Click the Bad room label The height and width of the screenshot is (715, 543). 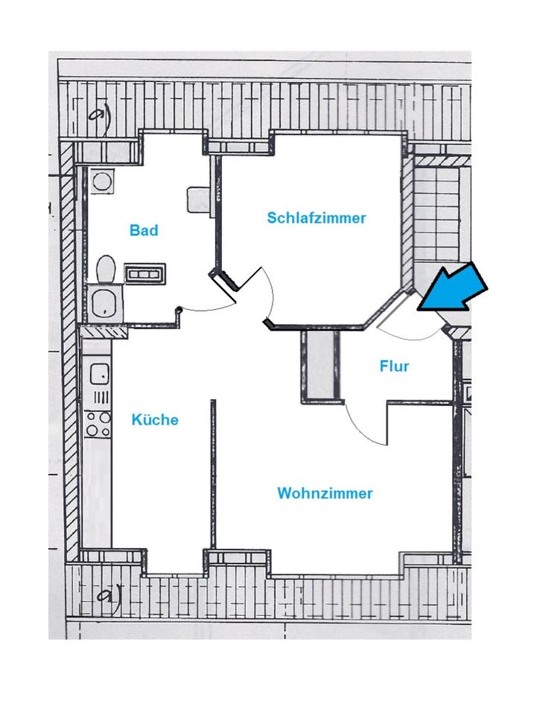[x=144, y=230]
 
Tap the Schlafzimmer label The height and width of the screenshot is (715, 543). [x=317, y=218]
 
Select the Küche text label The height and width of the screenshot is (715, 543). [x=155, y=419]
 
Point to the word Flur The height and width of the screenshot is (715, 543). [x=394, y=366]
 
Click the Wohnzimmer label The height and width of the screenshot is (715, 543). [x=325, y=493]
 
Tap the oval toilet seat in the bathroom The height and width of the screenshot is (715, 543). [x=106, y=268]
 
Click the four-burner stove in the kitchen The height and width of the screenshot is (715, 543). [x=98, y=424]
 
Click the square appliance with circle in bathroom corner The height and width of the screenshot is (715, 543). [x=101, y=179]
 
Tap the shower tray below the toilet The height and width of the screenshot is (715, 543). [x=104, y=302]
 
